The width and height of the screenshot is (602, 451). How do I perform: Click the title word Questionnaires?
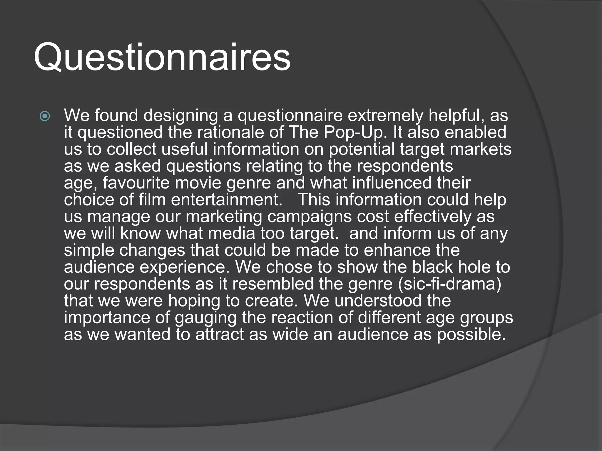click(162, 57)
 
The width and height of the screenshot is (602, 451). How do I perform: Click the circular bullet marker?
click(45, 116)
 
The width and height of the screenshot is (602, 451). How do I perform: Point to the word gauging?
click(205, 318)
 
